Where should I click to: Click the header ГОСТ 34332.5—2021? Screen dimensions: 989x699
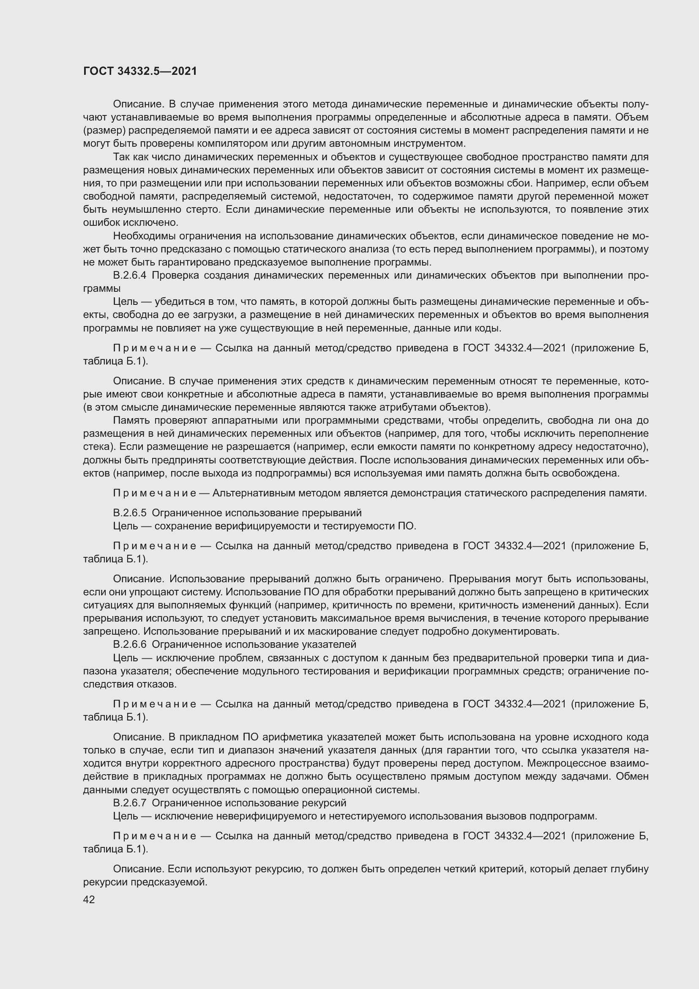tap(140, 71)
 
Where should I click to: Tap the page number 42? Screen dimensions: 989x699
tap(89, 899)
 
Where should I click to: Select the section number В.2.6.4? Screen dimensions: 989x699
tap(130, 275)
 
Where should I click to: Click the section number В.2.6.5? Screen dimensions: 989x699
tap(130, 512)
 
